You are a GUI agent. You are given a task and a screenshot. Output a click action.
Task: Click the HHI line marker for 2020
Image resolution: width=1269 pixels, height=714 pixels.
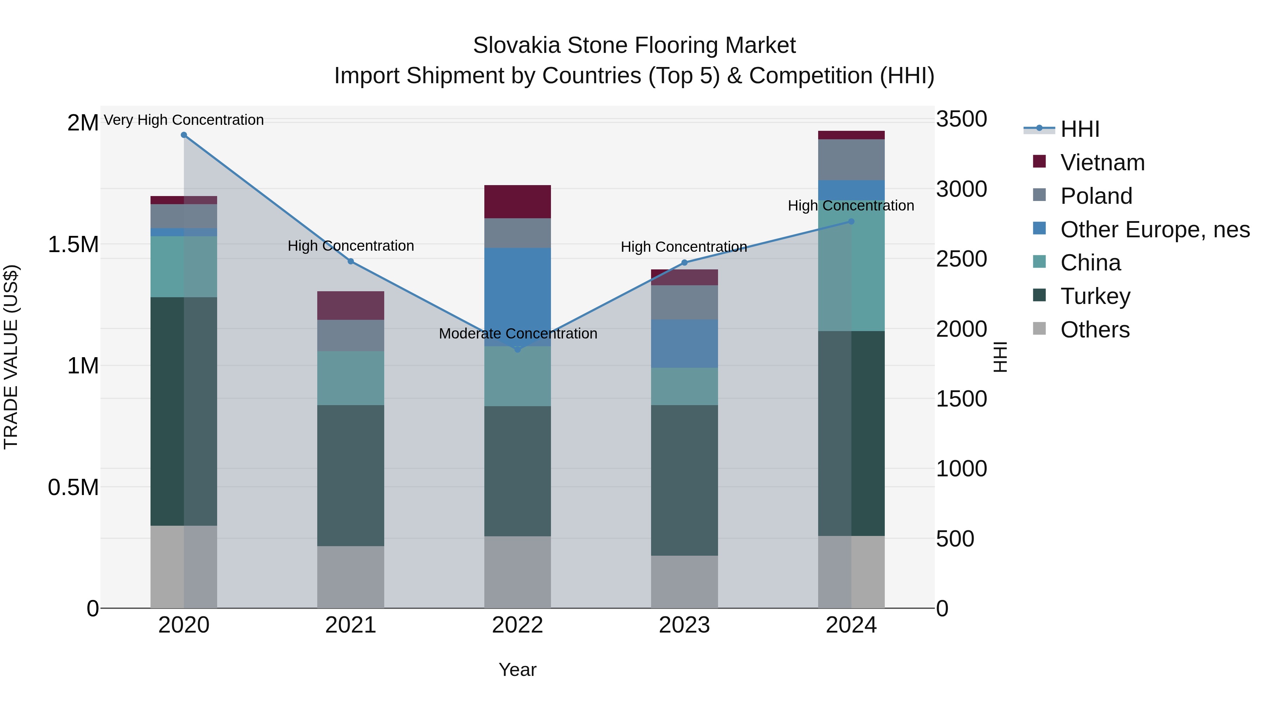(x=184, y=135)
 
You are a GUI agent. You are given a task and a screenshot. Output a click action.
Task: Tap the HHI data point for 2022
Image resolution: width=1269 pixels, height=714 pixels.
(x=517, y=349)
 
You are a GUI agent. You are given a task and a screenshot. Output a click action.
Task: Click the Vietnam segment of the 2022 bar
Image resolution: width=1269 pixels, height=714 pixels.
(x=517, y=202)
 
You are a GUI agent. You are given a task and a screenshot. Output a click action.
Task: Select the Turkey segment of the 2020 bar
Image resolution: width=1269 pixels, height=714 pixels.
(x=167, y=411)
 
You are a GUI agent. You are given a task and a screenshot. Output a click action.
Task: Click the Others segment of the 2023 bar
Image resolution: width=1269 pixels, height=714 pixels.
(x=684, y=581)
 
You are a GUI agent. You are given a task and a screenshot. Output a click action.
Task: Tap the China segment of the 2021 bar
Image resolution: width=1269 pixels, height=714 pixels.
(x=350, y=378)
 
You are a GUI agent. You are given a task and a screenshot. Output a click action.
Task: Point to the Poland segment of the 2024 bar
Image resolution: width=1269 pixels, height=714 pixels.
(x=851, y=160)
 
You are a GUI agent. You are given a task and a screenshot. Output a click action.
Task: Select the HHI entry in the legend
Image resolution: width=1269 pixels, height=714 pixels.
(x=1079, y=129)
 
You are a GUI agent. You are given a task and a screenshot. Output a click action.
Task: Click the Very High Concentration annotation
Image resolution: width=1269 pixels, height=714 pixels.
(x=184, y=120)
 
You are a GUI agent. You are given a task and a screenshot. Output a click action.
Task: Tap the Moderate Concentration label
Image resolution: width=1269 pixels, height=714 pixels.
(x=518, y=334)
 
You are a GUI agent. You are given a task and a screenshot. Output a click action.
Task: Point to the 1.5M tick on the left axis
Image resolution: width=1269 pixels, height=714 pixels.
(x=73, y=244)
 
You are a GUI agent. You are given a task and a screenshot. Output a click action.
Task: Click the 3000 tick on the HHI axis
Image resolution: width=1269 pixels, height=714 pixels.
(x=961, y=189)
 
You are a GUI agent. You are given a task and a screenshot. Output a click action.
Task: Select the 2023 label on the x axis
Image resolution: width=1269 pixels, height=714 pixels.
(x=684, y=625)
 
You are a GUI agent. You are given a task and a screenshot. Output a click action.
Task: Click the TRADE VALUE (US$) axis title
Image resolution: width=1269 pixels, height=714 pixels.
(x=11, y=357)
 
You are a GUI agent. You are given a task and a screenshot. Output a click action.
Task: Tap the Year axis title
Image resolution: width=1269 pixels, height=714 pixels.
(x=517, y=670)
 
